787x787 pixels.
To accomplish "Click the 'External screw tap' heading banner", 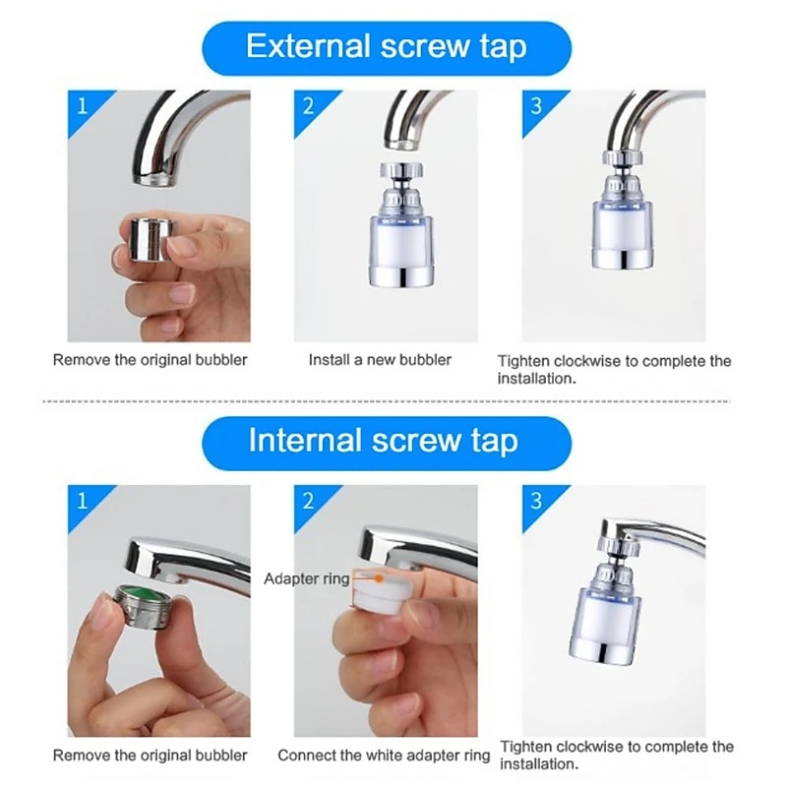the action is tap(387, 48).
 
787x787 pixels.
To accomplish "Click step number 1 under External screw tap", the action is tap(83, 106).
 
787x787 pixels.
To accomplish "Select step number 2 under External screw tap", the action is tap(309, 106).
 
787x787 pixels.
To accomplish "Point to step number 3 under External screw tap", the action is tap(536, 106).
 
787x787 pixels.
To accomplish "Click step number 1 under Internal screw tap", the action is tap(83, 501).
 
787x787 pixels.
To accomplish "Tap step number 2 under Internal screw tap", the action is tap(309, 501).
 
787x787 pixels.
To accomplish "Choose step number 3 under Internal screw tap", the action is tap(536, 501).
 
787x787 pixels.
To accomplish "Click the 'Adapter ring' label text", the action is tap(307, 578).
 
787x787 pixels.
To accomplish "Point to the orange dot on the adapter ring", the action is tap(380, 578).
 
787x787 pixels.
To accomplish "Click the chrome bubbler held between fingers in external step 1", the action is tap(151, 239).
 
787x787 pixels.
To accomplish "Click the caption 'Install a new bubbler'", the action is tap(380, 360).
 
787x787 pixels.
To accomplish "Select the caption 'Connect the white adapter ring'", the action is tap(384, 756).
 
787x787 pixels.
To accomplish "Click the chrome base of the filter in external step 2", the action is tap(400, 275).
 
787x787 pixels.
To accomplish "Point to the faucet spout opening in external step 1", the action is tap(154, 180).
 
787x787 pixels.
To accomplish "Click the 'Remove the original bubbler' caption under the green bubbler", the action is tap(151, 756).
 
